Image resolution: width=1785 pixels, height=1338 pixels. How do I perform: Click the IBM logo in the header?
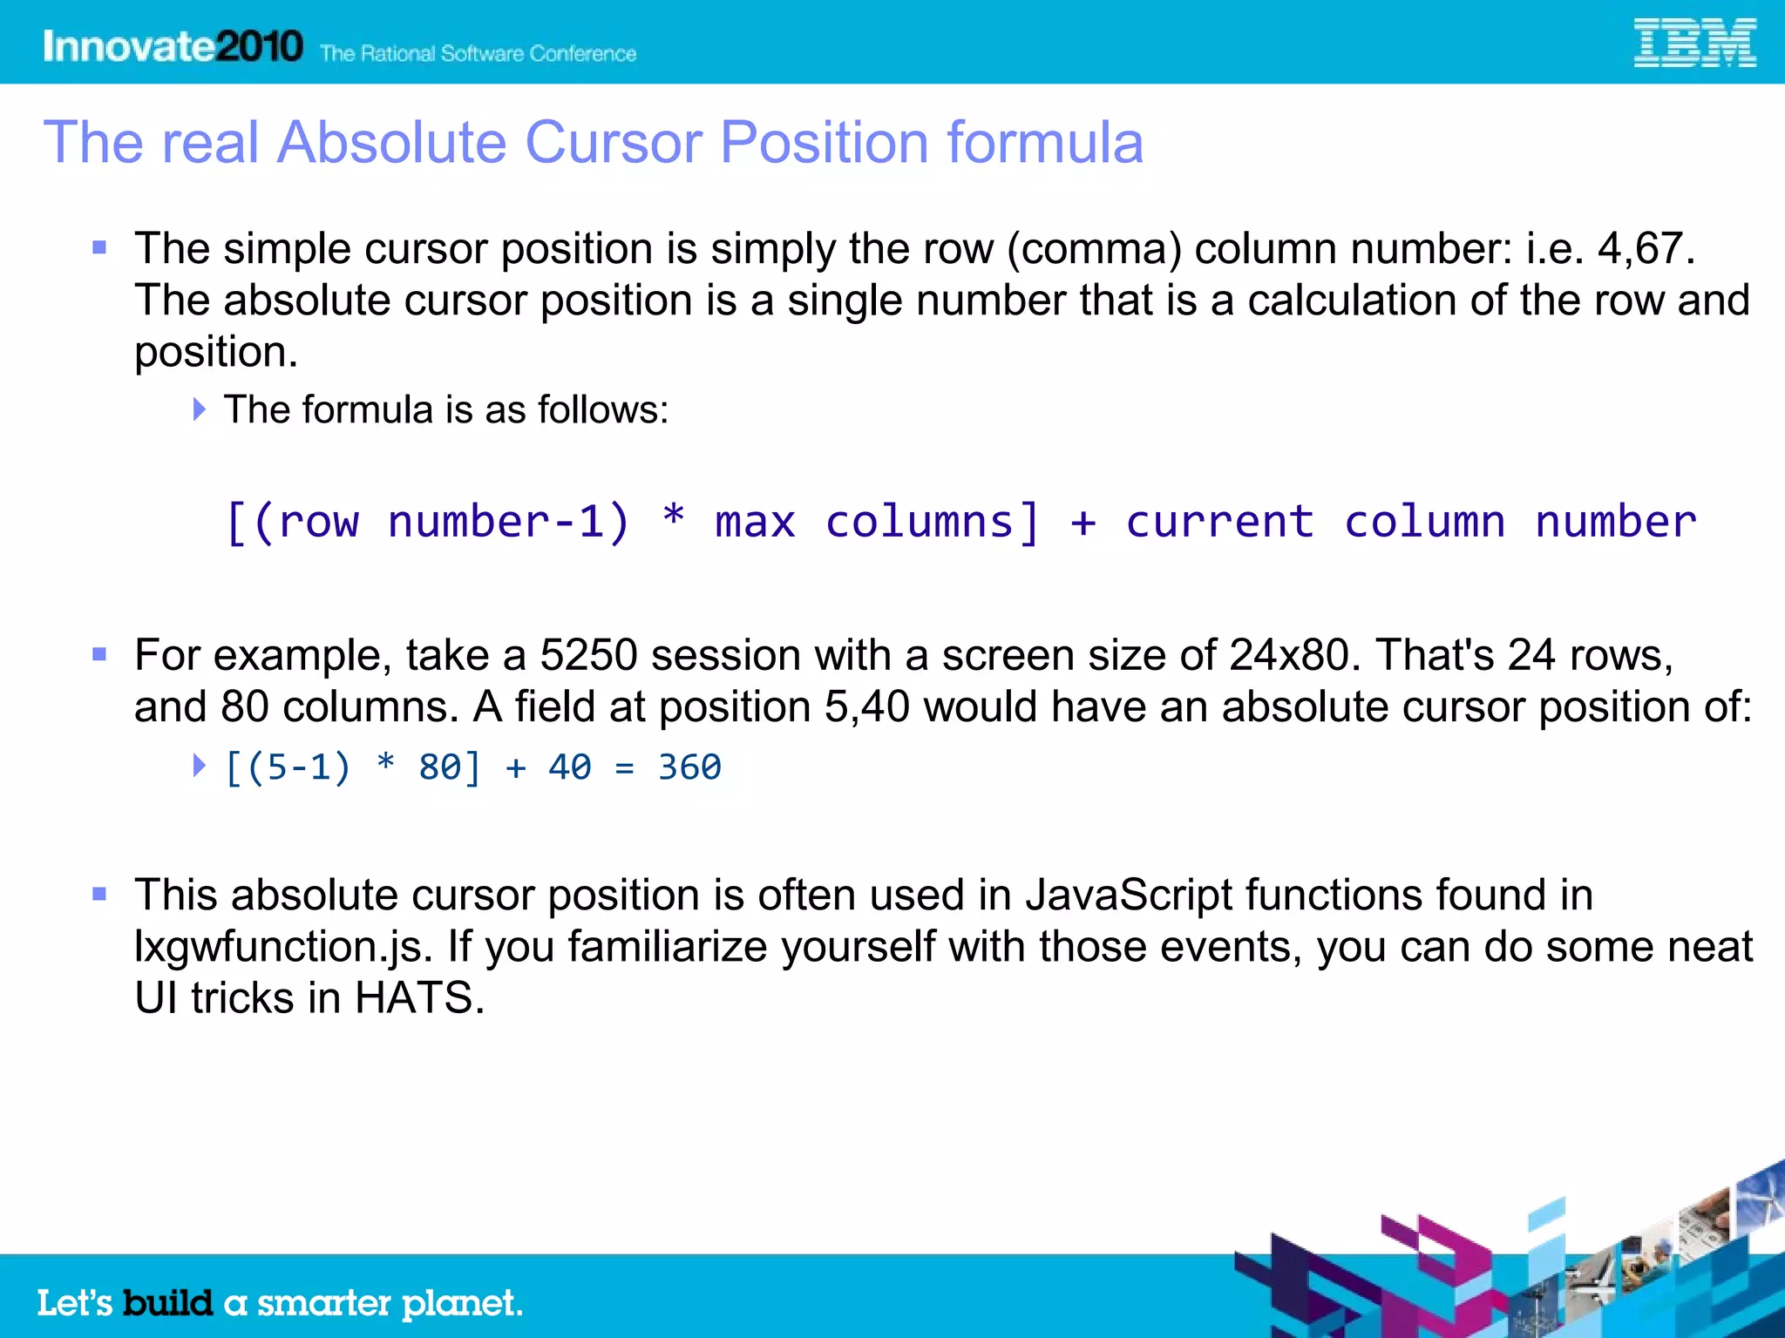(1694, 44)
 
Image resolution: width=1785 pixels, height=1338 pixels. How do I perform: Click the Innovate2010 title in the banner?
(173, 46)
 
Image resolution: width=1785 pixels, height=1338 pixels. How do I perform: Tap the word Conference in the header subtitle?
(582, 54)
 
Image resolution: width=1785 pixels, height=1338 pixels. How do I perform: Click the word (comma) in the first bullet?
(1094, 249)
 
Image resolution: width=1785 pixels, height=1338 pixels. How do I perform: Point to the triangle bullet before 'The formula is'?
(200, 409)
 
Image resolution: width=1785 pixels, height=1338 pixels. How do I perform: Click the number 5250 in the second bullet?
(588, 655)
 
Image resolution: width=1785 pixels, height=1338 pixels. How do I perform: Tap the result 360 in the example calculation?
(689, 767)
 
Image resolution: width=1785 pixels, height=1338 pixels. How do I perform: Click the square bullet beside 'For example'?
(99, 654)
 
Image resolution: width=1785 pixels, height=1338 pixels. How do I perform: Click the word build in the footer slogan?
(167, 1303)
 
